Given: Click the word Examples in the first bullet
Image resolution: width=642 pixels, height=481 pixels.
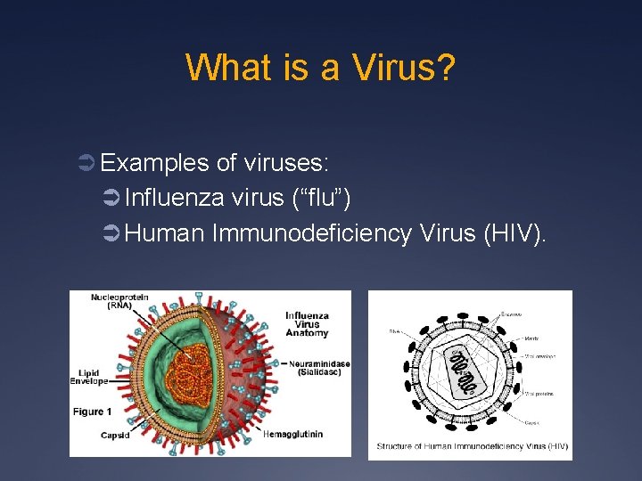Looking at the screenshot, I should tap(155, 163).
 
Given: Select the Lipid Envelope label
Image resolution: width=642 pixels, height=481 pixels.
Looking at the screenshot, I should tap(89, 376).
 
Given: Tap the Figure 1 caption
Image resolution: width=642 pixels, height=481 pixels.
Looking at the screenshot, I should tap(93, 412).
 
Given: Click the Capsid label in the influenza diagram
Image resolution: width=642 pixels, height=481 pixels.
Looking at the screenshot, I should tap(115, 435).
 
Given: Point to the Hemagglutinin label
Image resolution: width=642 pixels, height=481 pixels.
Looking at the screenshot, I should tap(292, 434).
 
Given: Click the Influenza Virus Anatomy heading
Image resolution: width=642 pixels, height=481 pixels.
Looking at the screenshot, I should tap(307, 324).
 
